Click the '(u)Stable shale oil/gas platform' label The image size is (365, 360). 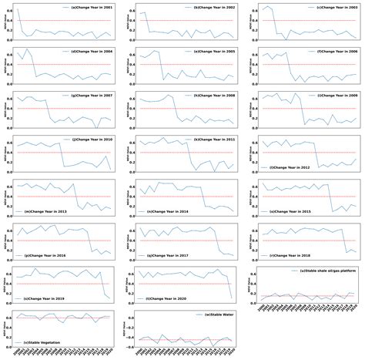click(322, 272)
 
